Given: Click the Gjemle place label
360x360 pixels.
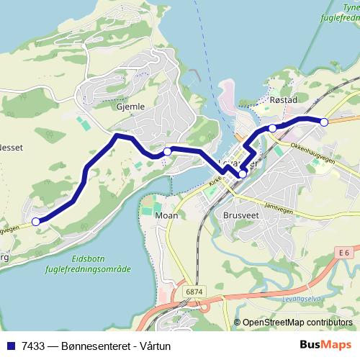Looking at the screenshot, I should [x=130, y=107].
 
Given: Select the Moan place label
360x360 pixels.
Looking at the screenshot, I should [x=166, y=215].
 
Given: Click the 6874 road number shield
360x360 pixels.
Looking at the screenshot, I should [x=192, y=291].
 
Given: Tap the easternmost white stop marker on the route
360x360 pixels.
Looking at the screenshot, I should [x=324, y=122].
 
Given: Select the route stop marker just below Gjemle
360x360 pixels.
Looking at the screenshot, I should [x=167, y=151].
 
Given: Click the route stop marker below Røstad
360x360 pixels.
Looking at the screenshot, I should [x=273, y=128].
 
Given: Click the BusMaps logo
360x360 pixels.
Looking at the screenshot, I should [x=325, y=345].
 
